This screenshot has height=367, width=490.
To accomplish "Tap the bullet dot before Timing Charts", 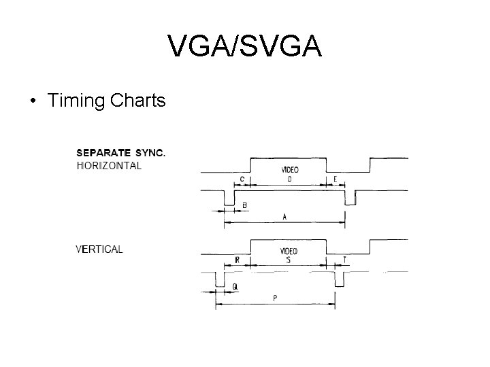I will [x=33, y=102].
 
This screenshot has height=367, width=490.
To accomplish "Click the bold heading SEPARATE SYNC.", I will [x=120, y=152].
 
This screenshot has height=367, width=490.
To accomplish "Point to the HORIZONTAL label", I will [x=110, y=165].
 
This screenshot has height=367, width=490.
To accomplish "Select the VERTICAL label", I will [x=99, y=249].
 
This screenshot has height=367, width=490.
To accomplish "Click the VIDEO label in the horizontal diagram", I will [x=289, y=170].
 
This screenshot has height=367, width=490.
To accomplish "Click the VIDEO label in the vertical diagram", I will [x=289, y=251].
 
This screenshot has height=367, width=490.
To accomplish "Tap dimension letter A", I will [x=284, y=217].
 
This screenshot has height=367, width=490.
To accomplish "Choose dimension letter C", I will [x=242, y=179].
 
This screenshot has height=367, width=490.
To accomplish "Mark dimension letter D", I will [x=289, y=179].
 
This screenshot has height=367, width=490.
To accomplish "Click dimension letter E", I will [x=335, y=179].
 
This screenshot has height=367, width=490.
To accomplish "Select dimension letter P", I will [x=275, y=298].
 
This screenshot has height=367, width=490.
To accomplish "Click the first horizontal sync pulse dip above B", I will [x=228, y=198].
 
